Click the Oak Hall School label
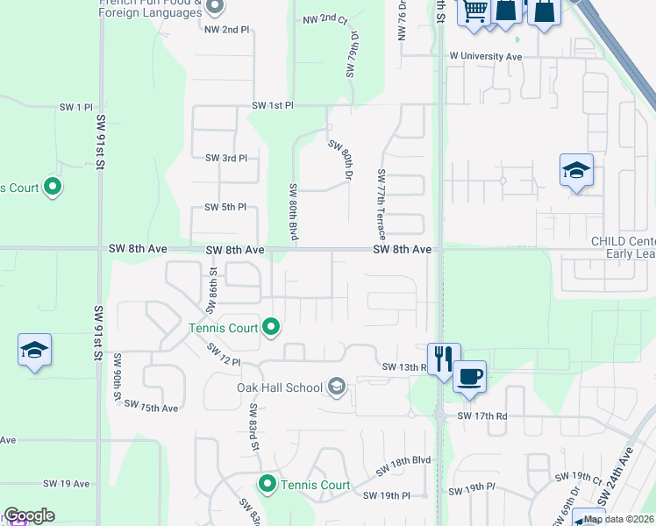click(279, 387)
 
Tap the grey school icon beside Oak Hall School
click(337, 387)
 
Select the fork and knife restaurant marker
click(444, 358)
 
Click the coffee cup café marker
click(470, 376)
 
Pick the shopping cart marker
click(474, 11)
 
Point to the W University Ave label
click(485, 56)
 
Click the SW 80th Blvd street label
click(294, 211)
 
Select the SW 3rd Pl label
click(226, 158)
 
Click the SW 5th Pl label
click(226, 207)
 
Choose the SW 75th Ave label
click(151, 407)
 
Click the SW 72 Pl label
click(224, 354)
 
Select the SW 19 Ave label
click(67, 483)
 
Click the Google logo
click(28, 515)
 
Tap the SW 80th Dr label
click(340, 158)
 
